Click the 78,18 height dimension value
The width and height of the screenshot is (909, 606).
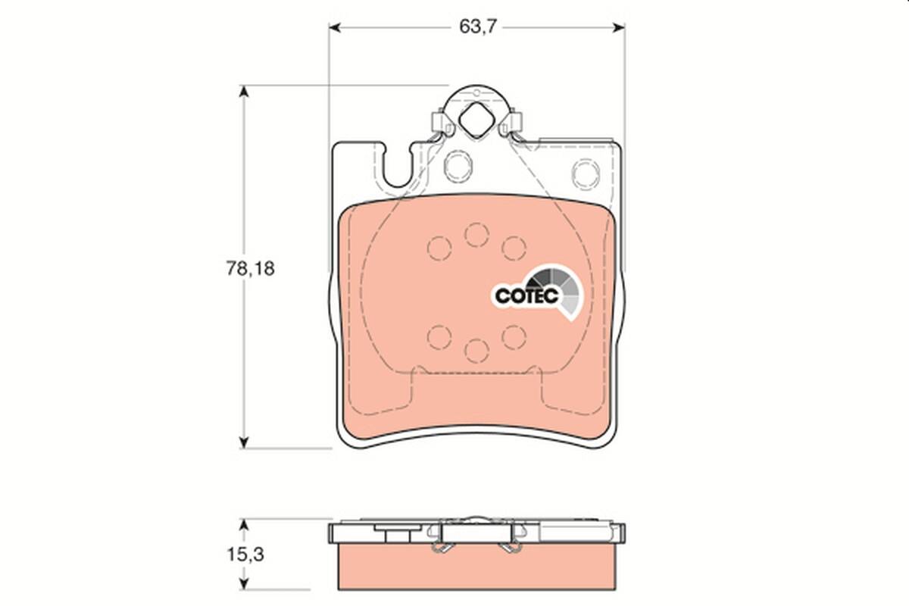click(x=249, y=268)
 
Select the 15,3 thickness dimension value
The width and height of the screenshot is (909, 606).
click(x=249, y=554)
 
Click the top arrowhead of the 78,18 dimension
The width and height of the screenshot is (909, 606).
click(x=243, y=92)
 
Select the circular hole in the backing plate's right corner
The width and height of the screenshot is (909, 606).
click(x=585, y=173)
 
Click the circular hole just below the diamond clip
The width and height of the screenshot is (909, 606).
click(x=458, y=165)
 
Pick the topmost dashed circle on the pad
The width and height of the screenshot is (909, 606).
click(x=476, y=234)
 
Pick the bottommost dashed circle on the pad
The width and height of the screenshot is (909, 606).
click(x=476, y=351)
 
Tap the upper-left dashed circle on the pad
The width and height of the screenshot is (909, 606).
click(x=439, y=248)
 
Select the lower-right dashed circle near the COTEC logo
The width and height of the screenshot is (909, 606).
click(x=514, y=336)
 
